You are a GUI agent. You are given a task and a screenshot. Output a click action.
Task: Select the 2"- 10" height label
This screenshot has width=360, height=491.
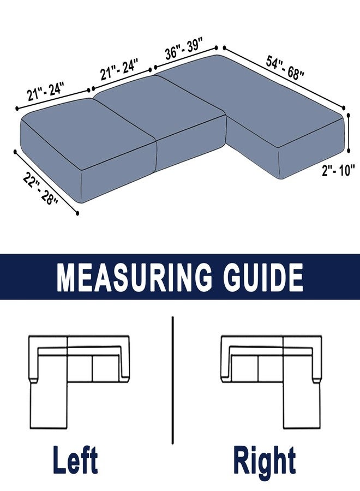338,171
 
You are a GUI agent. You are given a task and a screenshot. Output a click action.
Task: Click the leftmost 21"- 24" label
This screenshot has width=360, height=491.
46,91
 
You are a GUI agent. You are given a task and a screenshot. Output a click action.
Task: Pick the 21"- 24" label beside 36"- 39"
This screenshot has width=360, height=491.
119,69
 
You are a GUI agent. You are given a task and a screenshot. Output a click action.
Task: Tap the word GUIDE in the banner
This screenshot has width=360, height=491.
263,277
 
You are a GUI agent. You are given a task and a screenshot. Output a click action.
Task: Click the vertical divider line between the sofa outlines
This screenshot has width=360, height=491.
172,380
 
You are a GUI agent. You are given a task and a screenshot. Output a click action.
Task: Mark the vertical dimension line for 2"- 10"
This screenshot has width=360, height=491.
349,133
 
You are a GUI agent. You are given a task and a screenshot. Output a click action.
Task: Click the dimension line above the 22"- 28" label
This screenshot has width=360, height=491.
46,182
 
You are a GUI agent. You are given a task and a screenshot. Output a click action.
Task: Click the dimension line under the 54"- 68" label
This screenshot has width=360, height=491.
284,77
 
